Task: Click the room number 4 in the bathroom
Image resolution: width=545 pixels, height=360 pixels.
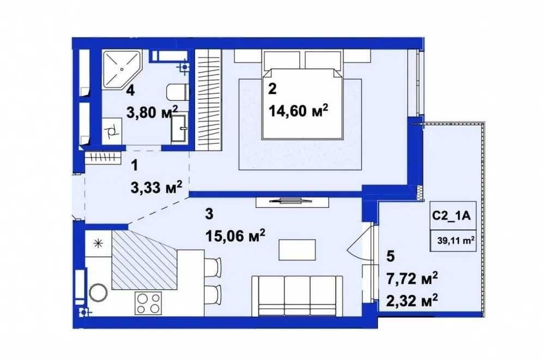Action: [x=130, y=90]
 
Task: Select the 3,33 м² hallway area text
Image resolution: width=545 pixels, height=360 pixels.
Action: [x=156, y=188]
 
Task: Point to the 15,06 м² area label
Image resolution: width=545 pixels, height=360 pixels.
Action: [x=235, y=237]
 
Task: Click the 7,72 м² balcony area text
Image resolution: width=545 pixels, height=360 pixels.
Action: [x=411, y=279]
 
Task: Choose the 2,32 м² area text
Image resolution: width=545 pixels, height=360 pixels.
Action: [x=411, y=300]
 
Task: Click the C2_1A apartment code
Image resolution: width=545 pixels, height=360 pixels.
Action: [x=451, y=216]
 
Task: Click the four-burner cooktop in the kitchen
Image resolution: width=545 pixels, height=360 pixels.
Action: [x=148, y=303]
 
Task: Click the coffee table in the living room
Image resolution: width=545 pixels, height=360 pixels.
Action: [x=297, y=250]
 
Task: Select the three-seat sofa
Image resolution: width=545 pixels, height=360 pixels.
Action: [x=297, y=296]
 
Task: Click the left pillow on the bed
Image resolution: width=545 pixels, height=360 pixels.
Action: [x=282, y=61]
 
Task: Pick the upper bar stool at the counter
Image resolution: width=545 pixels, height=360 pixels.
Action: [x=213, y=267]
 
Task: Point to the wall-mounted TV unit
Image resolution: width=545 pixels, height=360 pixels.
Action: [x=292, y=201]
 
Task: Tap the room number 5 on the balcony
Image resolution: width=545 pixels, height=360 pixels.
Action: [x=390, y=257]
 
